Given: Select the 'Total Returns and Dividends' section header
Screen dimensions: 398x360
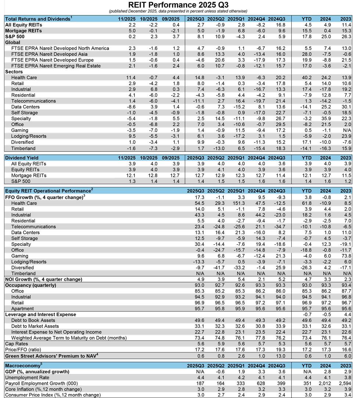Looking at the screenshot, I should [x=38, y=18].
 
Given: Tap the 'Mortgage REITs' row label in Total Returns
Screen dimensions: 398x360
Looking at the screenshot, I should [x=24, y=31].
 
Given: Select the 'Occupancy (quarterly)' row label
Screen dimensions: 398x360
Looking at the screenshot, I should [x=30, y=285].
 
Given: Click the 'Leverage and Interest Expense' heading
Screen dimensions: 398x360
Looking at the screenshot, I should [x=40, y=315].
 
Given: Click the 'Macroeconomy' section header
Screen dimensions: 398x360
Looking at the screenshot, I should [x=23, y=365].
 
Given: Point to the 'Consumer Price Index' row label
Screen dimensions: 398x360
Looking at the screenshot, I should [x=53, y=395].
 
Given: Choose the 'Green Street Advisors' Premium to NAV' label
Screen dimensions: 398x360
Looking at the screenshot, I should [x=51, y=356].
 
